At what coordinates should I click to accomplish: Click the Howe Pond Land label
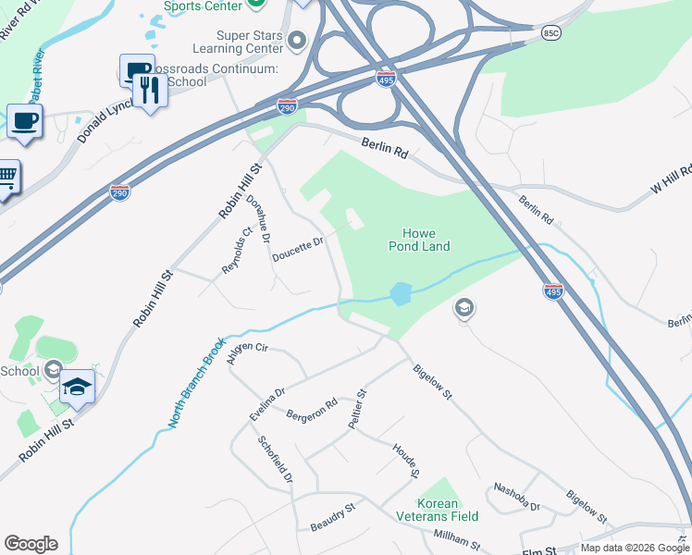click(426, 240)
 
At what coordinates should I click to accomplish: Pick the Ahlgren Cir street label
click(247, 353)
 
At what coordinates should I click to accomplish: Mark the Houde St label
click(406, 460)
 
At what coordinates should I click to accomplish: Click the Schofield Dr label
click(276, 461)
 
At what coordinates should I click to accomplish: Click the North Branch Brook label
click(196, 382)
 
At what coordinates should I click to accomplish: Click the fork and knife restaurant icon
click(148, 91)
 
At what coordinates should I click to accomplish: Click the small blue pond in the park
click(400, 294)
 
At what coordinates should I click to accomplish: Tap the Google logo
click(31, 544)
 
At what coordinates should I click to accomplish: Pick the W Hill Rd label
click(671, 174)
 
